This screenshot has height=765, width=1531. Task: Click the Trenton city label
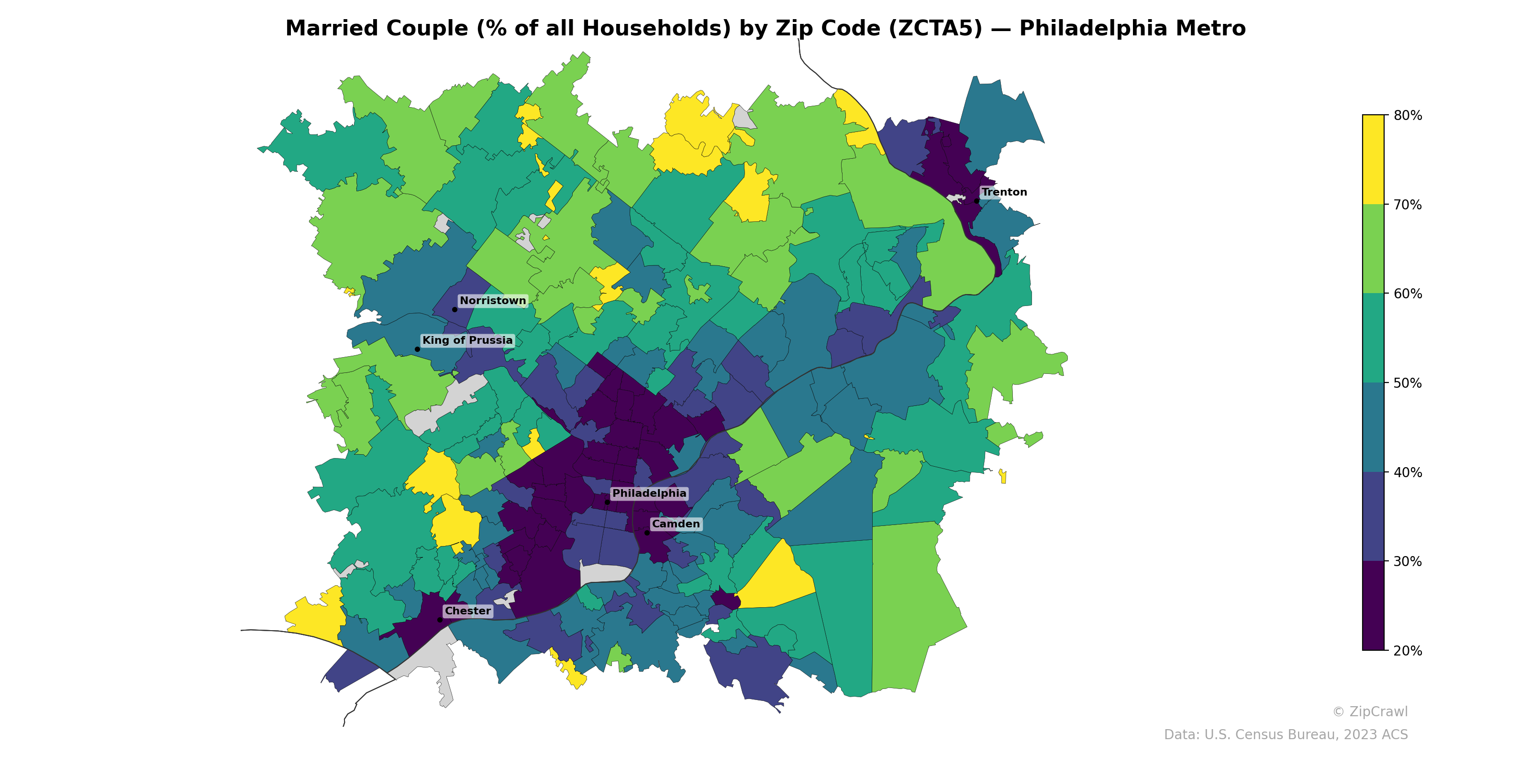[x=1004, y=192]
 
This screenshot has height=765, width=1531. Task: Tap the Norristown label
[x=493, y=301]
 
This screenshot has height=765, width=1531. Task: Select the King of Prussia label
[x=467, y=340]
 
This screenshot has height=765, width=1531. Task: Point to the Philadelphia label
[x=649, y=493]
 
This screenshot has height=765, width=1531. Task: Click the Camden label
[x=676, y=524]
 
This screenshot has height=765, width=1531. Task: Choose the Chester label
[x=468, y=611]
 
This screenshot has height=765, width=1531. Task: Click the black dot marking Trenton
[x=976, y=201]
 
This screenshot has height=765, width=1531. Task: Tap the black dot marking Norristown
[x=455, y=309]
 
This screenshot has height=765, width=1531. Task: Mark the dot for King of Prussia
[x=417, y=349]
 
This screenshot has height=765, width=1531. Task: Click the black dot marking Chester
[x=440, y=620]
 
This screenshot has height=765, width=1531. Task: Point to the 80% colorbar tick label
[x=1408, y=115]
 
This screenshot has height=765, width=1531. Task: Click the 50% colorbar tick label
[x=1408, y=383]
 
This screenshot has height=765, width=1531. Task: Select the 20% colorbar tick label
[x=1408, y=651]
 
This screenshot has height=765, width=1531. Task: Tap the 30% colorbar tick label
[x=1408, y=561]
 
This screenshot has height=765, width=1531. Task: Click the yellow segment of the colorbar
[x=1373, y=159]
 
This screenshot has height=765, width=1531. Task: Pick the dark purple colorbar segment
[x=1373, y=606]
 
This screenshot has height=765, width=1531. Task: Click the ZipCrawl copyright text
[x=1369, y=711]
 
